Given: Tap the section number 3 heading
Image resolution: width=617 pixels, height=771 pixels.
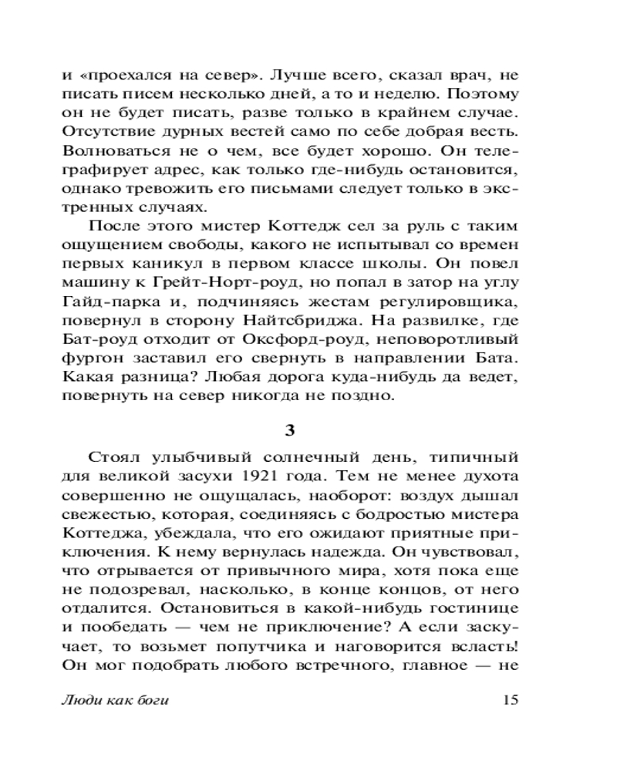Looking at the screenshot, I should coord(308,427).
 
